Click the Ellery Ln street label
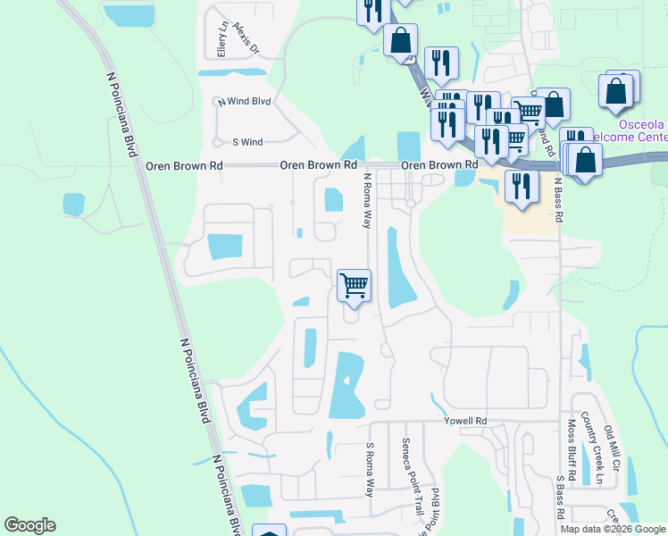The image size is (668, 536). tap(222, 41)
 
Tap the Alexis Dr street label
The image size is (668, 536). tap(246, 38)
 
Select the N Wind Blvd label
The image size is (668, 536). tap(246, 102)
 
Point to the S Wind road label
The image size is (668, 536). tap(247, 142)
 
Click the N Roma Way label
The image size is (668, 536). tap(366, 201)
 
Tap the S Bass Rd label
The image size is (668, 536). tap(560, 495)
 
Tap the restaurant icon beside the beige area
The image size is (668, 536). tap(521, 187)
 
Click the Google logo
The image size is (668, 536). tap(29, 526)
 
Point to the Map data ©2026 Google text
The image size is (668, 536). tap(613, 529)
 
